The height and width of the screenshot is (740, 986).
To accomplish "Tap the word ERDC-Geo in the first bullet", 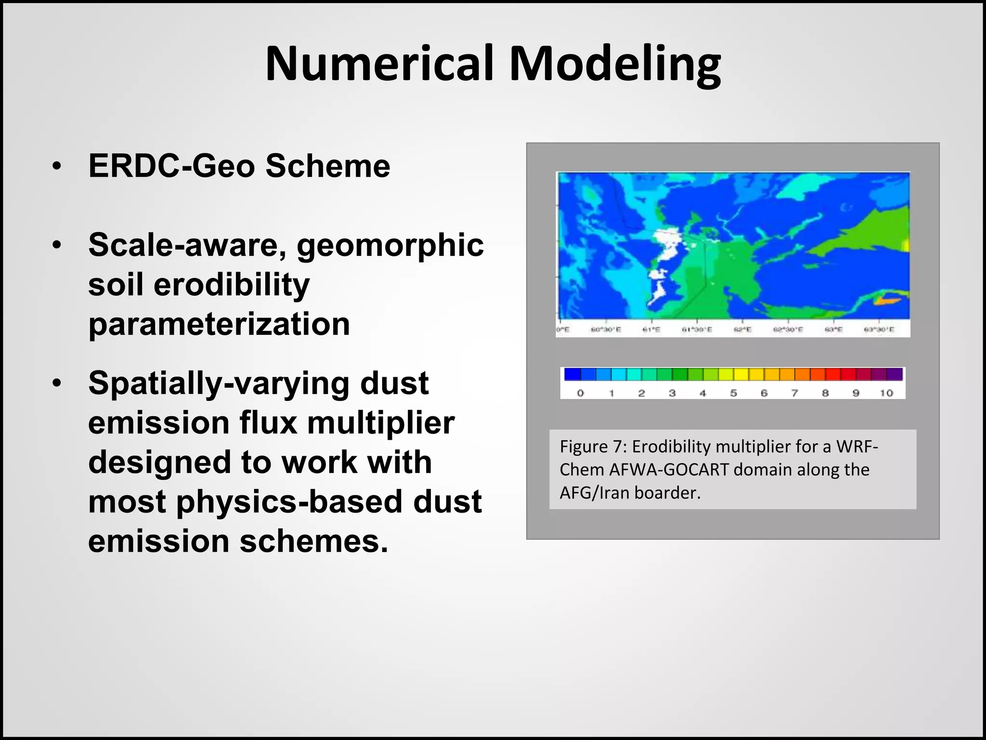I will (x=171, y=166).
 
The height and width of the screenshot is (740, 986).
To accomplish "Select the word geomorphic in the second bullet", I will (x=390, y=245).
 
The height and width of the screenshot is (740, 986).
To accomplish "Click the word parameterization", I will (x=219, y=324).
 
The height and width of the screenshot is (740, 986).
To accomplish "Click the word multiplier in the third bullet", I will (x=380, y=423).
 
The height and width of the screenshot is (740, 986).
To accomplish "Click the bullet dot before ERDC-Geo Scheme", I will (x=57, y=166).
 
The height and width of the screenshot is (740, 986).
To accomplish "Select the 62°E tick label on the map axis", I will (x=742, y=330).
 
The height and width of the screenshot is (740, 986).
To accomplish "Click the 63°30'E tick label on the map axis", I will (x=879, y=330).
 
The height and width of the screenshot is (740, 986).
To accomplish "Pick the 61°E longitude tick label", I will (x=651, y=330).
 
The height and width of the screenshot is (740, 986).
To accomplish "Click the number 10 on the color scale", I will (x=886, y=393).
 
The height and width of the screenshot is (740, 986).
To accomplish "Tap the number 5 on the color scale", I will (x=733, y=393).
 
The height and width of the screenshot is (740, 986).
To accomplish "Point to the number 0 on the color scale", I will (x=580, y=393).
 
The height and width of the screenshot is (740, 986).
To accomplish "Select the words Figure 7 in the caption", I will (x=591, y=447).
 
